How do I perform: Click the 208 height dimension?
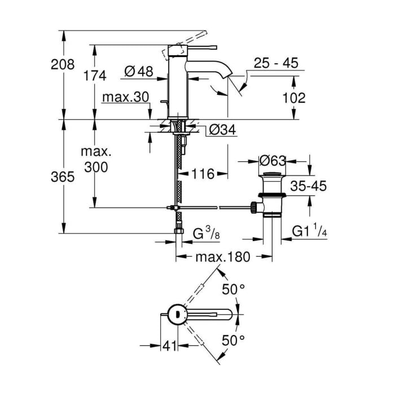pyautogui.click(x=63, y=64)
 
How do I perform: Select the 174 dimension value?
pyautogui.click(x=95, y=75)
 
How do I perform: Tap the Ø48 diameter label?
pyautogui.click(x=139, y=72)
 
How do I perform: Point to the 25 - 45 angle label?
pyautogui.click(x=276, y=63)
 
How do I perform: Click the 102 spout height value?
pyautogui.click(x=294, y=98)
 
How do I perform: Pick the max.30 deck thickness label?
pyautogui.click(x=126, y=97)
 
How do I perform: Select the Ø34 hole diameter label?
pyautogui.click(x=222, y=130)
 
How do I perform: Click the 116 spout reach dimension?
pyautogui.click(x=203, y=174)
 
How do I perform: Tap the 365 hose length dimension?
pyautogui.click(x=63, y=177)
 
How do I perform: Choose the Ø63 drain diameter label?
pyautogui.click(x=273, y=161)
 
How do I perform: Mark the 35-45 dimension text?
pyautogui.click(x=308, y=186)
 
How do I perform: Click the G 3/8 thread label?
pyautogui.click(x=207, y=232)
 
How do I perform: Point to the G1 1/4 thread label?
pyautogui.click(x=310, y=230)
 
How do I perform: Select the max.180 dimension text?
pyautogui.click(x=223, y=257)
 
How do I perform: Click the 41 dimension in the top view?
pyautogui.click(x=169, y=346)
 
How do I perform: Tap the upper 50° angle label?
pyautogui.click(x=233, y=289)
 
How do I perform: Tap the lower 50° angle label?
pyautogui.click(x=233, y=341)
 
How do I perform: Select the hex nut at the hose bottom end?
pyautogui.click(x=179, y=231)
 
